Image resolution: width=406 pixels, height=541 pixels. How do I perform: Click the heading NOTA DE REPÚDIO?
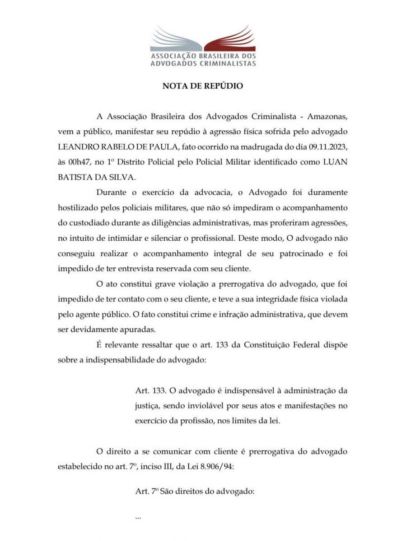click(x=203, y=86)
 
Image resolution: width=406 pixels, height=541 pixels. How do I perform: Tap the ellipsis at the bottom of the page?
click(x=138, y=518)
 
